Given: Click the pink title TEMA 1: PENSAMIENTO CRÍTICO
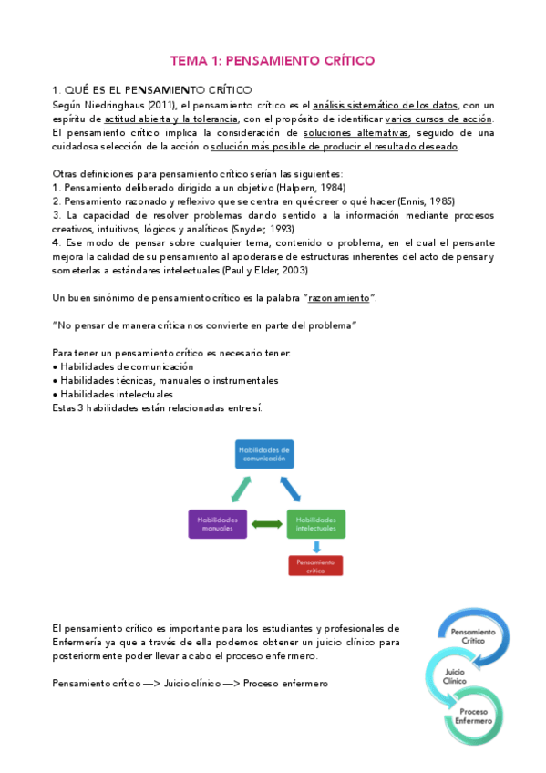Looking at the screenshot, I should point(273,61).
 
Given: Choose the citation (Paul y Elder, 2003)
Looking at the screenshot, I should point(264,270).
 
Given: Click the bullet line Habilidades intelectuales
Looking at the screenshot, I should point(113,393).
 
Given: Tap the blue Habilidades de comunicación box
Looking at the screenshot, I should point(264,454).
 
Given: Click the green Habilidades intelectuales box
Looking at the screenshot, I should point(316,523).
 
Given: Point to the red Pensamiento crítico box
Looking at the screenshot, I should point(315,566).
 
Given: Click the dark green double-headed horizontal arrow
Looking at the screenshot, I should point(267,523).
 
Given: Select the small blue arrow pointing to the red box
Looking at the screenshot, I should point(316,546).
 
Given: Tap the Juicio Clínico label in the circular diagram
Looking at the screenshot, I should point(448,675).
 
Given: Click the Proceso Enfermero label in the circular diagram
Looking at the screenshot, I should point(479,716).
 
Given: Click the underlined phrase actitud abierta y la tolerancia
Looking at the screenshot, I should point(171,119).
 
